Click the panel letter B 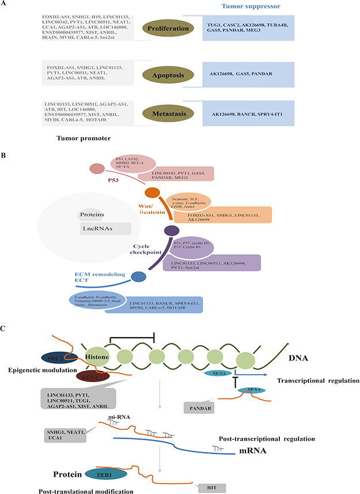(5, 154)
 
